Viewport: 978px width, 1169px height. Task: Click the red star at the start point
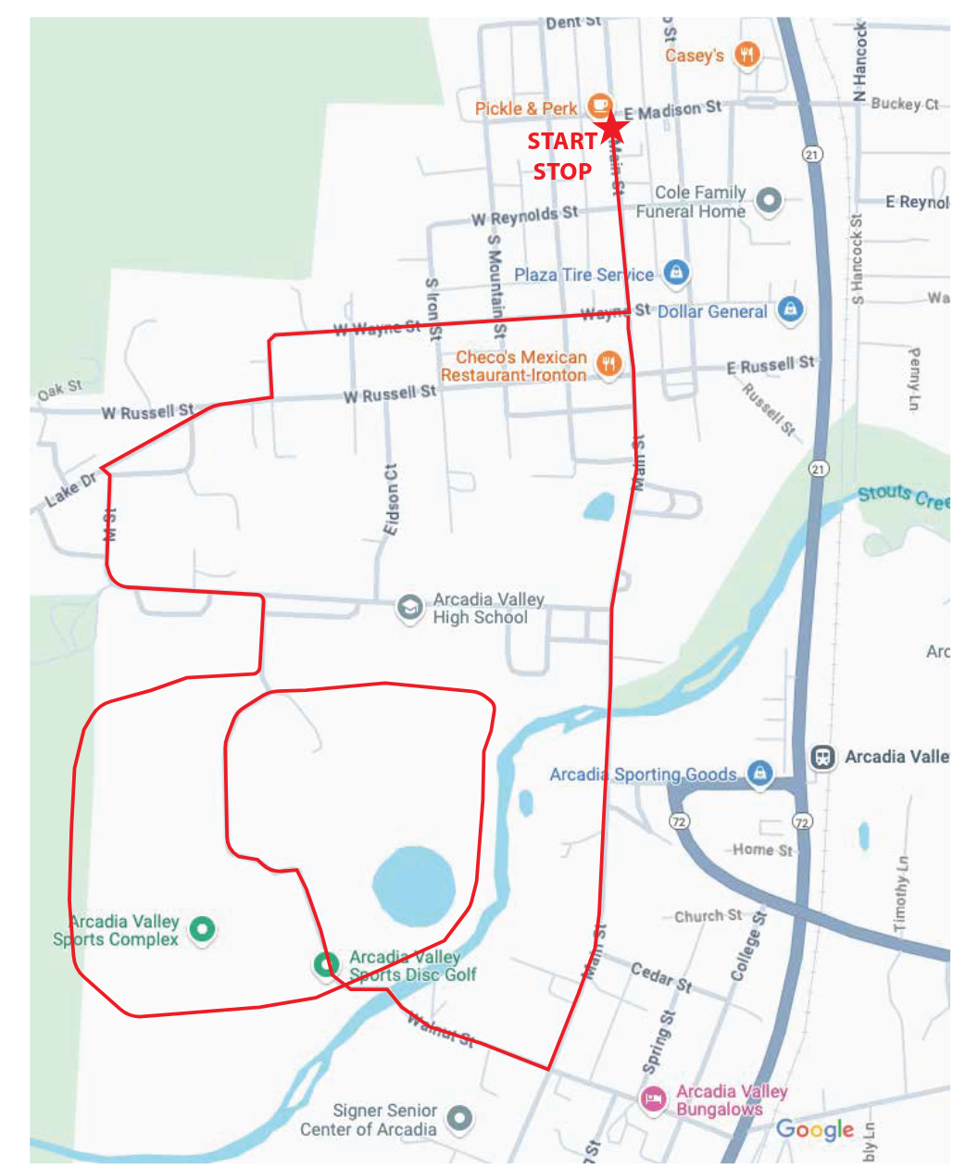tap(611, 129)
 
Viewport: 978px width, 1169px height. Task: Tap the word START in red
tap(561, 142)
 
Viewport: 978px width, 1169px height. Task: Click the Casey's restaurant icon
tap(747, 55)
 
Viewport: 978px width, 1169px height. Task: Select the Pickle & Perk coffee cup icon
tap(600, 106)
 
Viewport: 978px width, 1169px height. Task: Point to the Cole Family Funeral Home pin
tap(768, 200)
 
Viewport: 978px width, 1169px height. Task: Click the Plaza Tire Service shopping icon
tap(677, 272)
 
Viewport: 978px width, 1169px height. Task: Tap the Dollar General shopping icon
tap(789, 309)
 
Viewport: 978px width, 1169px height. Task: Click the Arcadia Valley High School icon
tap(409, 608)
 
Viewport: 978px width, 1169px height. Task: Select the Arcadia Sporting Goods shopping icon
tap(759, 773)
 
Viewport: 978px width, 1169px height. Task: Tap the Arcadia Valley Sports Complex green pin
tap(202, 928)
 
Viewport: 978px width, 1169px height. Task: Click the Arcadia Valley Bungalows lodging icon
tap(653, 1100)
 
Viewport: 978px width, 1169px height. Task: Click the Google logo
tap(815, 1129)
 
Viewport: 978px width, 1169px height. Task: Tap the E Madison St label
tap(671, 110)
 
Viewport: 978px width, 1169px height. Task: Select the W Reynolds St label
tap(524, 216)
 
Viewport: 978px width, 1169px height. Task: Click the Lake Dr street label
tap(70, 489)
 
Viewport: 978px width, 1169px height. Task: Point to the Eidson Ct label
tap(392, 498)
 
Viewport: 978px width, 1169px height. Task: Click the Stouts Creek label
tap(903, 497)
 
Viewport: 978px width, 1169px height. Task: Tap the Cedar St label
tap(661, 976)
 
